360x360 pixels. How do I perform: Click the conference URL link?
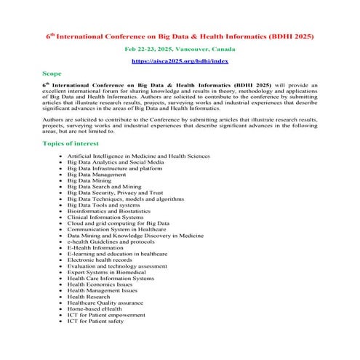tap(180, 62)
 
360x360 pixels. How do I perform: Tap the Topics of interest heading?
tap(74, 144)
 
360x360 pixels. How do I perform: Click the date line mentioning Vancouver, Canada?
tap(180, 48)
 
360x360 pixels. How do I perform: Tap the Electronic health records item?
tap(100, 260)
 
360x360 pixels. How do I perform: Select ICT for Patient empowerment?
tap(106, 314)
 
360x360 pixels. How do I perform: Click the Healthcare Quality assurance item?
tap(105, 303)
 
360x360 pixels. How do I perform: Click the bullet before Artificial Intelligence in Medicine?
tap(60, 156)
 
